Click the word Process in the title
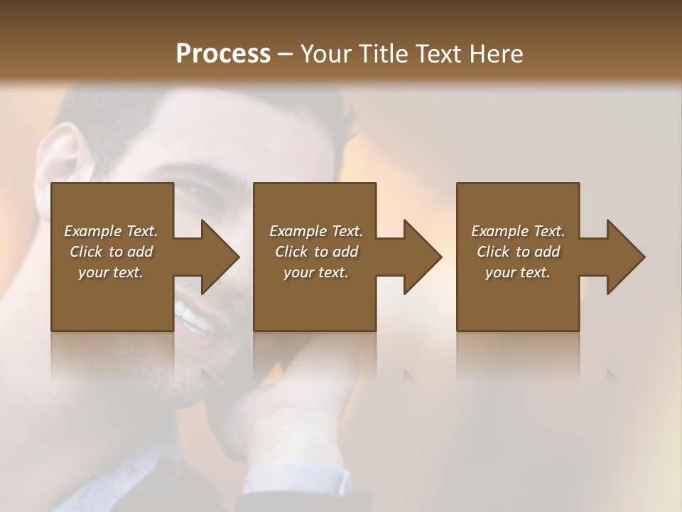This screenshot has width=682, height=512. pos(223,54)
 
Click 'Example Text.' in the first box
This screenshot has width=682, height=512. pos(111,231)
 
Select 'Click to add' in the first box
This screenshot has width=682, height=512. pos(111,252)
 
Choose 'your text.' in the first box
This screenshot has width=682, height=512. pos(111,272)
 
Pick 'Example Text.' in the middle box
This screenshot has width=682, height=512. pos(316,231)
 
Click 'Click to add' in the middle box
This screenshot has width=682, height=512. pos(316,252)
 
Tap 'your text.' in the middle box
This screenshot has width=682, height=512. pos(316,272)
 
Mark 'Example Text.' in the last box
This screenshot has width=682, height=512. pos(518,231)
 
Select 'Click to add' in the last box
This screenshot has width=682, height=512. pos(518,252)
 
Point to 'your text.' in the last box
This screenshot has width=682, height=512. pos(518,272)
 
